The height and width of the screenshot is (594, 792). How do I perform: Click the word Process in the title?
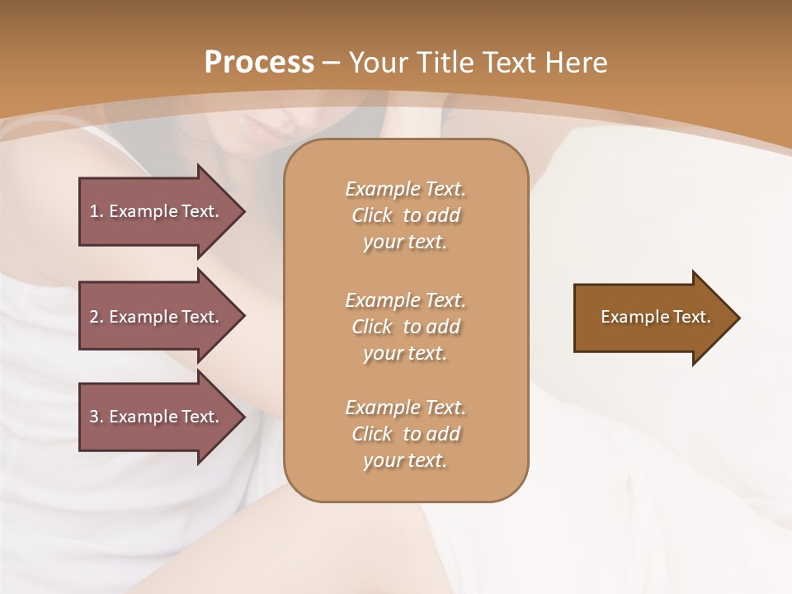[x=259, y=63]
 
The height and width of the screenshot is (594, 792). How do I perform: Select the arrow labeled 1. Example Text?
[x=157, y=211]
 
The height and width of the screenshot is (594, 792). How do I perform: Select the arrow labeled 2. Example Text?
[x=157, y=317]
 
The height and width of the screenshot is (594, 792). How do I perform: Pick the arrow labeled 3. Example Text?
[x=157, y=417]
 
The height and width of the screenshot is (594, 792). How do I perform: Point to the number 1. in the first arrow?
[x=96, y=211]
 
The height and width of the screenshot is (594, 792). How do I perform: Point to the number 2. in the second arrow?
[x=96, y=317]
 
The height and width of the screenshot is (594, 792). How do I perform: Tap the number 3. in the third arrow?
[x=96, y=417]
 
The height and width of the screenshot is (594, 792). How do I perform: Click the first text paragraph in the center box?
[x=405, y=215]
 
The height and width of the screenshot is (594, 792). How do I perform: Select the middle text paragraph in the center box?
[x=405, y=327]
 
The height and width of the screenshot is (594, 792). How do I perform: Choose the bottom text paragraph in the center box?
[x=405, y=434]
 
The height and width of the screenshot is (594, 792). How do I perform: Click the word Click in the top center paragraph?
[x=372, y=215]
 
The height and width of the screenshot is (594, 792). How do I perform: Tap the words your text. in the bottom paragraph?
[x=405, y=460]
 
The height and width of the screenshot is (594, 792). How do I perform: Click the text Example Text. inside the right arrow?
[x=655, y=317]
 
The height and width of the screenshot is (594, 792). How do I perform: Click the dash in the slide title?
[x=332, y=64]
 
